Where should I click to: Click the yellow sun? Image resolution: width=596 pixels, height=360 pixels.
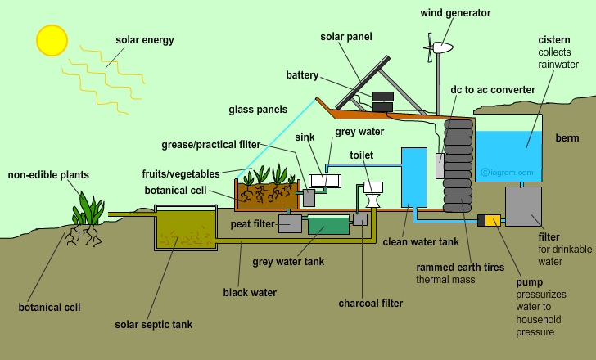pos(50,39)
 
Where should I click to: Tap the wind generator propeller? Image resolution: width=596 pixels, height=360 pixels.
pos(429,50)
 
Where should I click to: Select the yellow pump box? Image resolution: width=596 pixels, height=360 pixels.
pos(491,220)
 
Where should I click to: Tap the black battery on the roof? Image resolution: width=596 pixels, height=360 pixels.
pos(382,101)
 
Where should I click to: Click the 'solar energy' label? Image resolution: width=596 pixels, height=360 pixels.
pos(146,39)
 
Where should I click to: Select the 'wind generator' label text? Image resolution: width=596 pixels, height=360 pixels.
pos(455,13)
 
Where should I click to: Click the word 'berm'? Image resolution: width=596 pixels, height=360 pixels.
pos(567,138)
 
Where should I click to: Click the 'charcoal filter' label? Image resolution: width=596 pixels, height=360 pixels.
pos(371,304)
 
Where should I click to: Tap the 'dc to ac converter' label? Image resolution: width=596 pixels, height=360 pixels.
pos(493,89)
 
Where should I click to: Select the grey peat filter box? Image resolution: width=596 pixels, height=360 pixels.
pos(290,223)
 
